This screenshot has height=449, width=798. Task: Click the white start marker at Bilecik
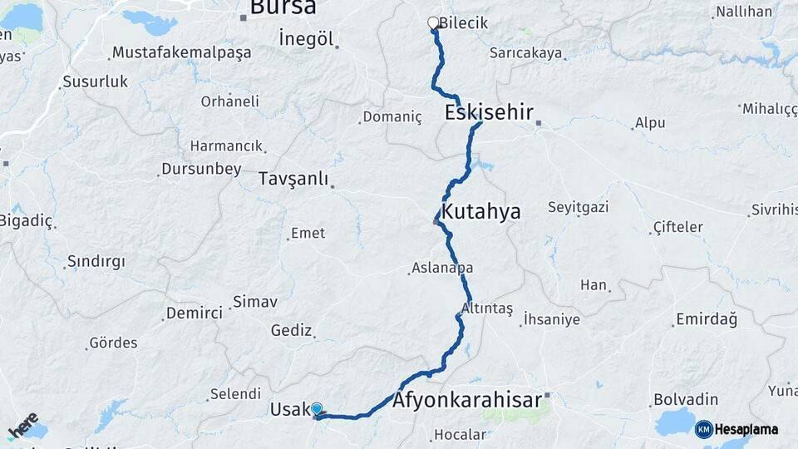[x=432, y=23]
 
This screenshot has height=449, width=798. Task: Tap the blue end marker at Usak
[x=317, y=409]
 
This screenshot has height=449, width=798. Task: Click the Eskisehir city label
[x=489, y=113]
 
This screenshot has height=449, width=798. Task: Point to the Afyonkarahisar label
[x=467, y=400]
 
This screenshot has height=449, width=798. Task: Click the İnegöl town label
[x=306, y=39]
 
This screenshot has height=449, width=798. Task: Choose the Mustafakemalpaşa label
[x=181, y=52]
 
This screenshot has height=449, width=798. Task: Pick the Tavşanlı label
[x=293, y=179]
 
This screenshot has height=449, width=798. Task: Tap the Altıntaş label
[x=486, y=308]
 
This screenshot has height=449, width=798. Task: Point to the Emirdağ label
[x=707, y=319]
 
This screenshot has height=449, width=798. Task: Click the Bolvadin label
[x=686, y=399]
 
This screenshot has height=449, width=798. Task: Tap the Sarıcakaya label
[x=525, y=53]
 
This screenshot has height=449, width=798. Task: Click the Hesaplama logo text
[x=746, y=429]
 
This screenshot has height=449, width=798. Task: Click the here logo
[x=22, y=426]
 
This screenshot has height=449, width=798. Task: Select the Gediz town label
[x=291, y=330]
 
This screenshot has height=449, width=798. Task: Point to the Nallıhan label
[x=743, y=12]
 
